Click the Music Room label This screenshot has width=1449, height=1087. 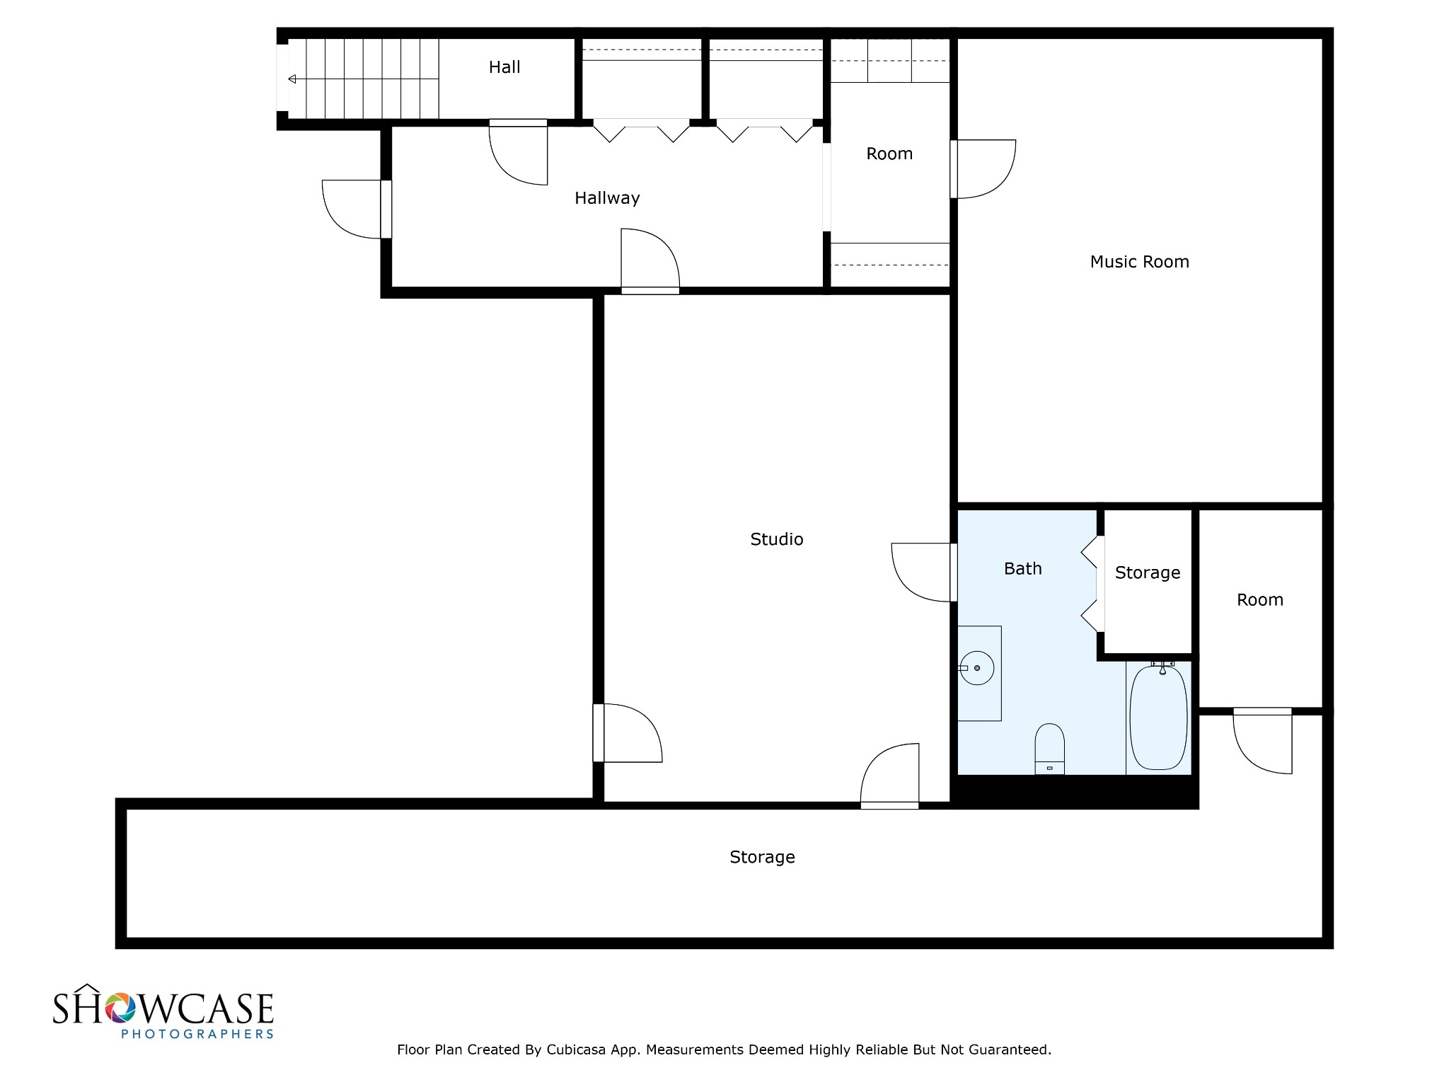pos(1139,262)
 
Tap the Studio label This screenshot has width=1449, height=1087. pos(776,539)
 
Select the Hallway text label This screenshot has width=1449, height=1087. pos(607,198)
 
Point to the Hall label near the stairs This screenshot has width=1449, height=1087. pos(504,67)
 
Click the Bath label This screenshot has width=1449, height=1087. pos(1022,568)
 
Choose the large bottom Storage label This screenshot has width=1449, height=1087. pos(762,858)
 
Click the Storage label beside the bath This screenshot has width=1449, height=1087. pos(1148,573)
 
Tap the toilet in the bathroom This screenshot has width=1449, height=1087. pos(1049,749)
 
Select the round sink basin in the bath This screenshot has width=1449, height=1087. pos(977,668)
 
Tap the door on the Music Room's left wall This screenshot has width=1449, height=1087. pos(983,169)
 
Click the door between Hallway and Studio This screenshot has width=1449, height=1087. pos(650,261)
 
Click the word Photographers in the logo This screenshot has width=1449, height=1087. pos(197,1034)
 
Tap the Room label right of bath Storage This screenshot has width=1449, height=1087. pos(1259,600)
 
